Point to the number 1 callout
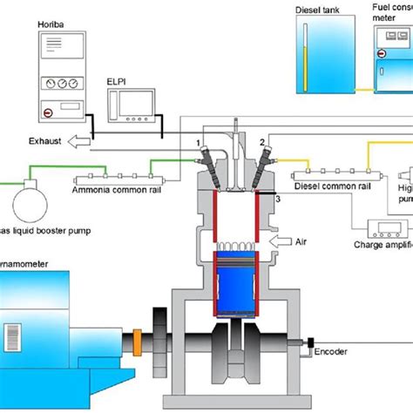coord(199,140)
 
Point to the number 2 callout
coord(261,141)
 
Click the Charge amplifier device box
coord(387,228)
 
